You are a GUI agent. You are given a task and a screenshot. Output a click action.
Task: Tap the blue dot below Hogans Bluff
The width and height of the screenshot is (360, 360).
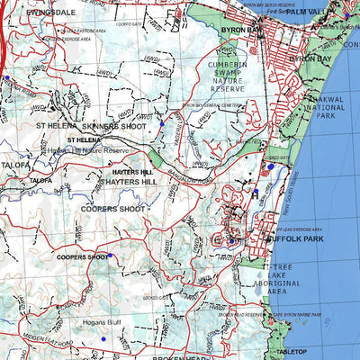103,337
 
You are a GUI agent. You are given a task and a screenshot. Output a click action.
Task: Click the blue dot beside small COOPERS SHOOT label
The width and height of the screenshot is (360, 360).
113,256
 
